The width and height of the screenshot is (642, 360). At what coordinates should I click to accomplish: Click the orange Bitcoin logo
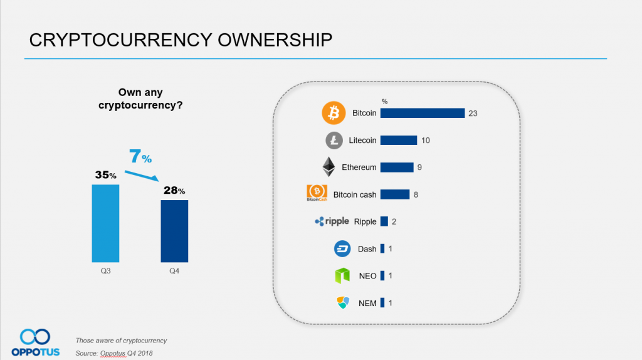(x=334, y=113)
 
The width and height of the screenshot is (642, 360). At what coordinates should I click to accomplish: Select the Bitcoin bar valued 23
(x=422, y=113)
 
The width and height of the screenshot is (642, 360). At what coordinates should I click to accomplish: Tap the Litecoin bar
(x=398, y=140)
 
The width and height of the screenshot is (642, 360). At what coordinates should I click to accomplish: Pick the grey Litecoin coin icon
(x=334, y=140)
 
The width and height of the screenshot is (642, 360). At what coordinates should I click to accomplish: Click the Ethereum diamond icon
(x=329, y=167)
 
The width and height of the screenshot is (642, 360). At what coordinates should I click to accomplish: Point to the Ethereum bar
(x=396, y=167)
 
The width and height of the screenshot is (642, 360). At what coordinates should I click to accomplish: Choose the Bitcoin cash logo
(x=317, y=194)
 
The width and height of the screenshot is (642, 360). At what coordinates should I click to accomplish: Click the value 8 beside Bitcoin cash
(x=416, y=194)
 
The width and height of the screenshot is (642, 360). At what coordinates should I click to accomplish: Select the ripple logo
(x=331, y=221)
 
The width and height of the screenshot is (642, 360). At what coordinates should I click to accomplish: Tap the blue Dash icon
(x=342, y=248)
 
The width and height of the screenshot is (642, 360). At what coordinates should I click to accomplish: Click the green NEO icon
(x=342, y=275)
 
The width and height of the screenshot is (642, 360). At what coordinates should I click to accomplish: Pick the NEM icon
(x=342, y=302)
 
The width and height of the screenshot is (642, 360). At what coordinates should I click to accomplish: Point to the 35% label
(x=105, y=175)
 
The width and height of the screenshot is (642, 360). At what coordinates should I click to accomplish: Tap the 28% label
(x=174, y=190)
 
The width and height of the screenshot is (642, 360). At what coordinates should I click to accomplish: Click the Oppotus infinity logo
(x=35, y=336)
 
